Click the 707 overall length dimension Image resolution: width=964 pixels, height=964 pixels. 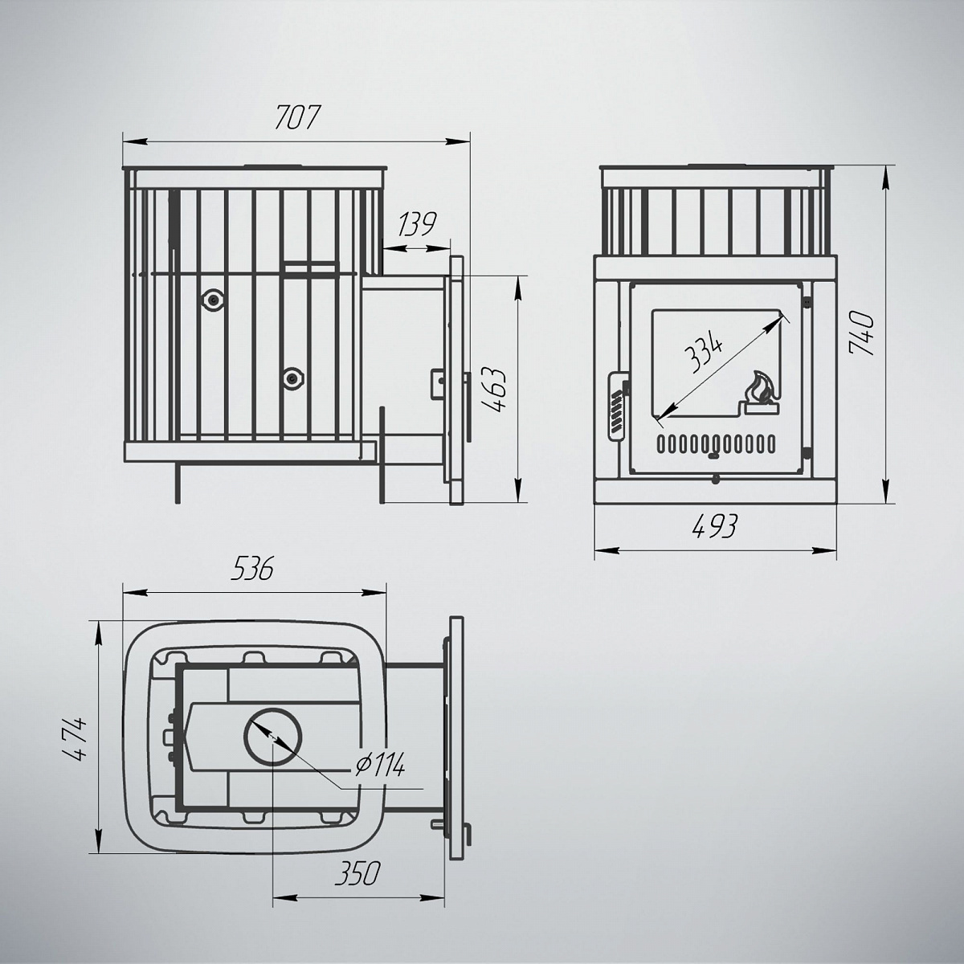pyautogui.click(x=296, y=118)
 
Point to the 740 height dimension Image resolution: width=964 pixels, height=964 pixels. pyautogui.click(x=861, y=333)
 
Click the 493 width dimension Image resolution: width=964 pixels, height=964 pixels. pyautogui.click(x=715, y=527)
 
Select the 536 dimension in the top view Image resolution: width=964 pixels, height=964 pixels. pyautogui.click(x=252, y=569)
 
